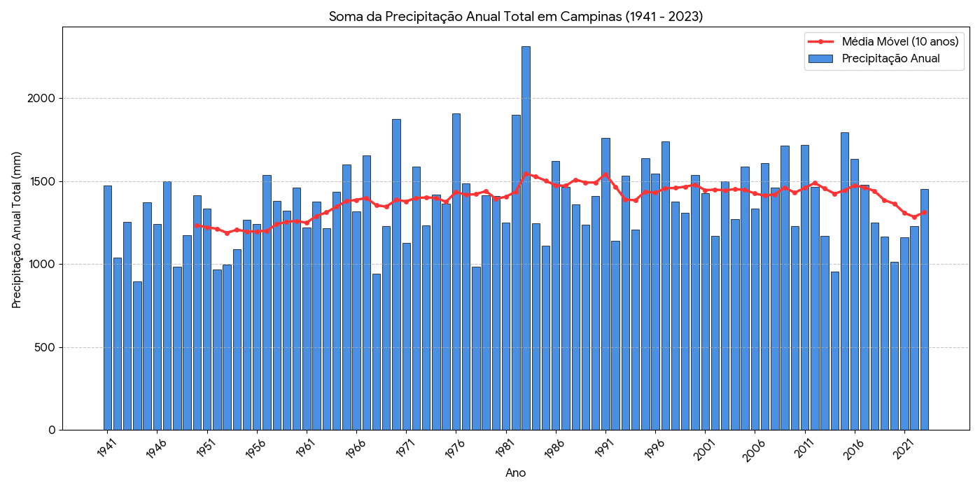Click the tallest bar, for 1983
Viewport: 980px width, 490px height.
click(x=526, y=238)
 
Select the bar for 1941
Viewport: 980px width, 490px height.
click(x=108, y=308)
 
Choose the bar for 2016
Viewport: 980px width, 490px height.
click(x=855, y=294)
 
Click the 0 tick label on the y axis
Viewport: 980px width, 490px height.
click(x=52, y=430)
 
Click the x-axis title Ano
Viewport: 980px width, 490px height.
click(x=515, y=473)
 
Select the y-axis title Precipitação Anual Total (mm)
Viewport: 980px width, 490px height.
click(x=17, y=230)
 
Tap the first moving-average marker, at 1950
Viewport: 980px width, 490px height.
click(x=197, y=225)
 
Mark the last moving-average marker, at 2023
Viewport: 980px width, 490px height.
click(x=925, y=212)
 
